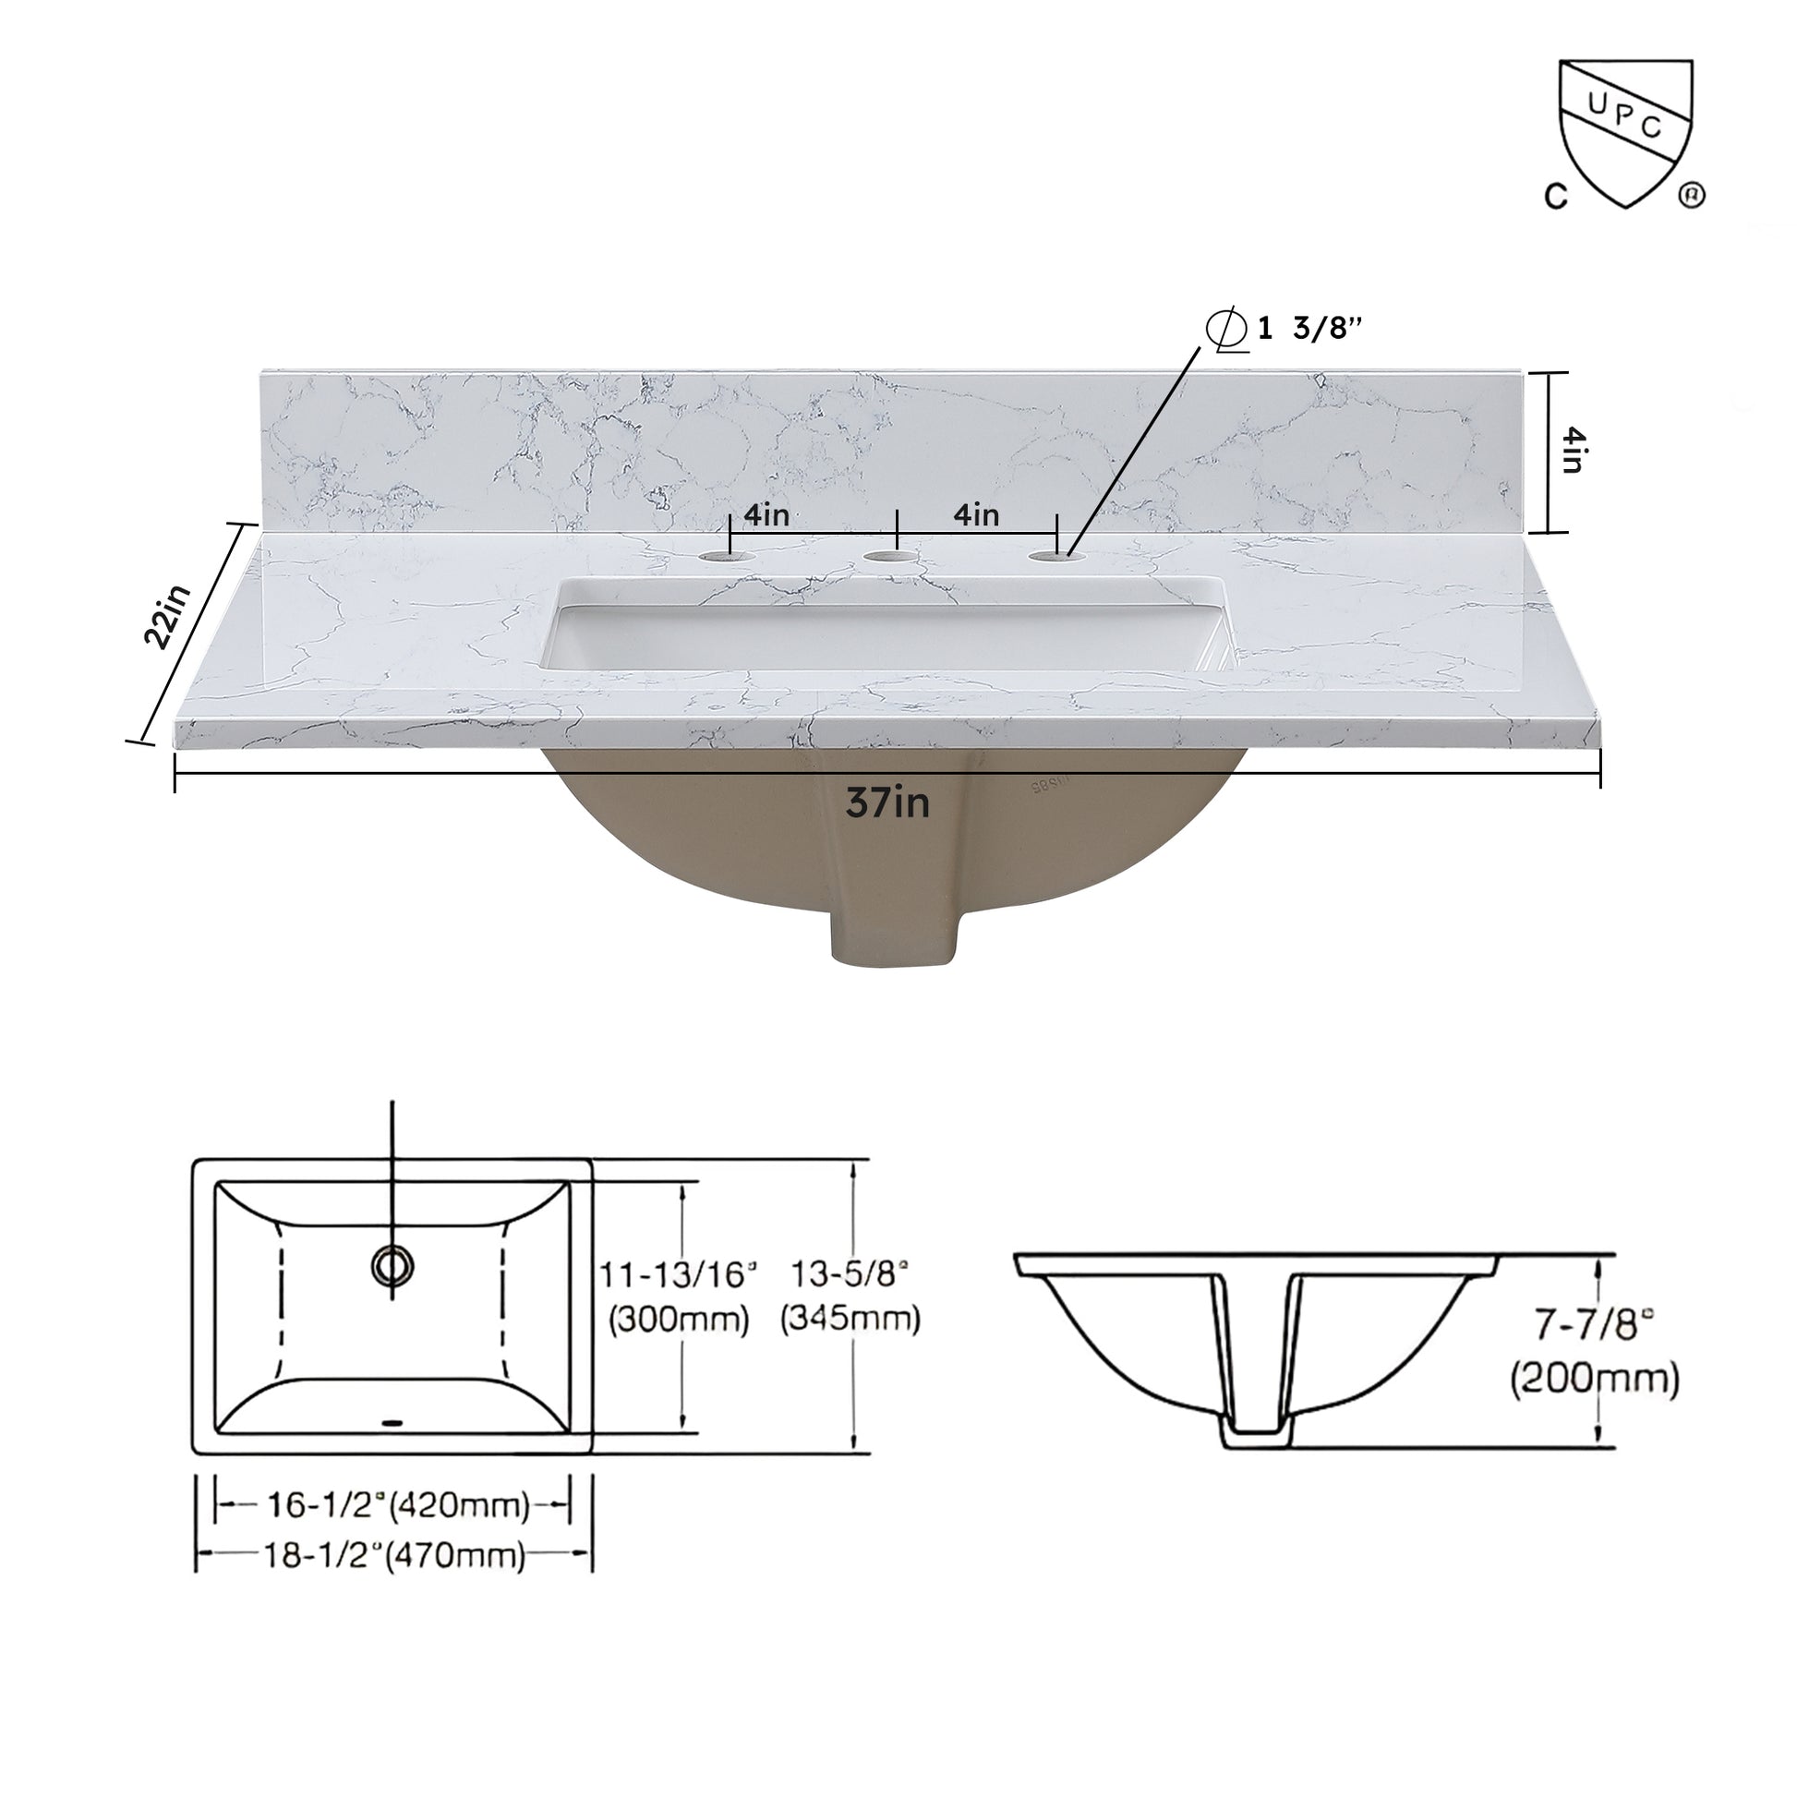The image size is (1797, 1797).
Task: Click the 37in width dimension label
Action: pos(887,802)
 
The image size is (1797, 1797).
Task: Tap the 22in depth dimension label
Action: pos(167,616)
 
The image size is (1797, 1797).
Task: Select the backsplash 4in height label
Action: pos(1571,451)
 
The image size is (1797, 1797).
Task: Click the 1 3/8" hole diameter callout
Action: pos(1288,329)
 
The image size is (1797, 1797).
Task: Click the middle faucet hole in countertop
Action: pos(890,557)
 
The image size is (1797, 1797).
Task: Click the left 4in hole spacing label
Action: pos(766,514)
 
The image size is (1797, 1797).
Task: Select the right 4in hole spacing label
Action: pos(976,514)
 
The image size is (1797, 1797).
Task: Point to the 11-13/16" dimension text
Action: pos(677,1275)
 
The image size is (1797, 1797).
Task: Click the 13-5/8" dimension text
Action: pos(849,1273)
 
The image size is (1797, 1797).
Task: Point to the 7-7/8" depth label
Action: pos(1594,1324)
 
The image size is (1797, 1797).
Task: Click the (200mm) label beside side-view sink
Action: pos(1594,1379)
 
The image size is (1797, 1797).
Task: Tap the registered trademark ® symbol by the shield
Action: pos(1691,197)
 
